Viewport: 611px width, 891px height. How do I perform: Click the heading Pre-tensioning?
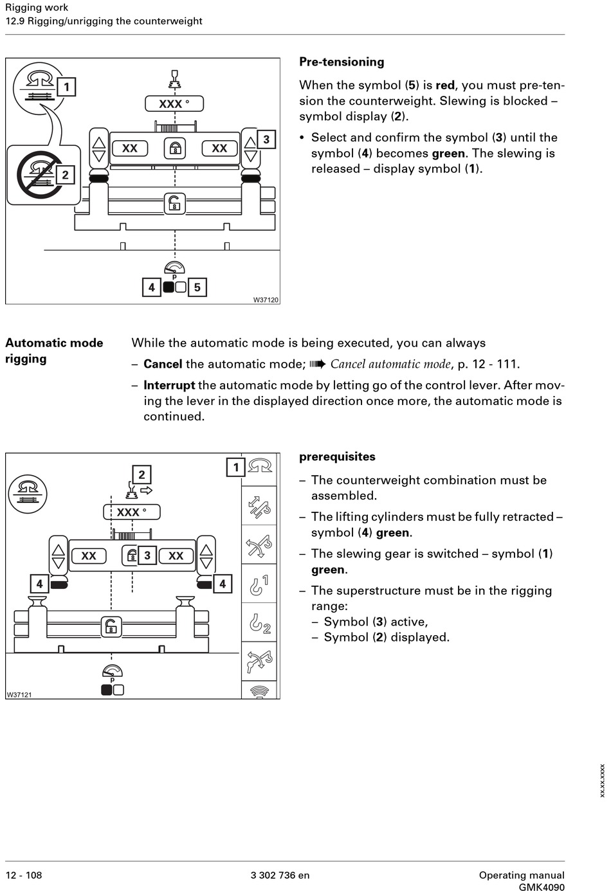click(x=342, y=62)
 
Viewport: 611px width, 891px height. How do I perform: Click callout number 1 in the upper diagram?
click(x=66, y=87)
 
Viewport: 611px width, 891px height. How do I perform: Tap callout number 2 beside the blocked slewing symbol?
click(x=65, y=175)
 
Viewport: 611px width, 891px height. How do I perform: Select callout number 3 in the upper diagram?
click(x=266, y=139)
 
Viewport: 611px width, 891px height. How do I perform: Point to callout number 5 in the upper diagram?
click(x=197, y=287)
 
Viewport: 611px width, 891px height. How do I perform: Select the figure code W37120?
click(x=266, y=300)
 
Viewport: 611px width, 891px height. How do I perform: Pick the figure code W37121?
click(x=19, y=694)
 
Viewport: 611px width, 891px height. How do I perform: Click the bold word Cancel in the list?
click(x=163, y=364)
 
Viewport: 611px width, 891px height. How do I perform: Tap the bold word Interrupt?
click(x=169, y=385)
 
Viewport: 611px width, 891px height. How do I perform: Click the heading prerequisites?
click(x=337, y=456)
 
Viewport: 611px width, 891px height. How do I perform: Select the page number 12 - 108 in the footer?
click(x=24, y=875)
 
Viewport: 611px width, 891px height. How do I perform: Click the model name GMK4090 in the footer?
click(x=542, y=887)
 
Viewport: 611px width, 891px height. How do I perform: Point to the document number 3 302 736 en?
click(x=280, y=875)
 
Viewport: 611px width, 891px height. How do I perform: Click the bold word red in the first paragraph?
click(x=445, y=85)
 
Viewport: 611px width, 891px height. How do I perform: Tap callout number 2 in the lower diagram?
click(x=141, y=475)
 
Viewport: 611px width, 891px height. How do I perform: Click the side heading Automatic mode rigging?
click(x=54, y=350)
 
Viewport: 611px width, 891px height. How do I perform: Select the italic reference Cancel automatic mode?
click(x=390, y=364)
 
